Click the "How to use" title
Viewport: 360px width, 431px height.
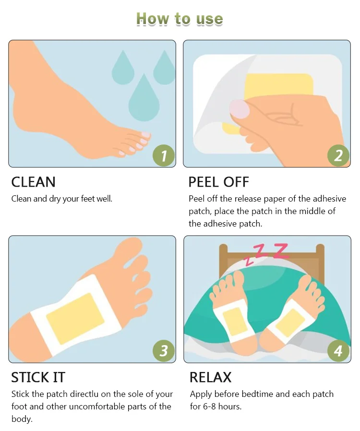click(x=180, y=19)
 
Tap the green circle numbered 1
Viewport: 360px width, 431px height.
click(x=164, y=156)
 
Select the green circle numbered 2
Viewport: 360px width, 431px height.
click(x=338, y=156)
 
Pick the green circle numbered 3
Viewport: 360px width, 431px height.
click(x=164, y=351)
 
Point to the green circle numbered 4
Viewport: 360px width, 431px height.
click(x=338, y=351)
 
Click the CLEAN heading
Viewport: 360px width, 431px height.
click(x=33, y=182)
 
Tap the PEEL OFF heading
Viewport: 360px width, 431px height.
click(x=219, y=182)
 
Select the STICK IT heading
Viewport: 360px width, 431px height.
click(x=38, y=377)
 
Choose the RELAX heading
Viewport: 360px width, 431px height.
click(x=211, y=377)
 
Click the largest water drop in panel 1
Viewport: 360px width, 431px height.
click(x=144, y=100)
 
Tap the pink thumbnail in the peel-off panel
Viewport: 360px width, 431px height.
click(x=240, y=109)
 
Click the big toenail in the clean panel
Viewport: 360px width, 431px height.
click(x=145, y=135)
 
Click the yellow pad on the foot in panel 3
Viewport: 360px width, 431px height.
click(x=75, y=318)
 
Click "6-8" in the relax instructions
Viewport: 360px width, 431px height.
click(x=209, y=406)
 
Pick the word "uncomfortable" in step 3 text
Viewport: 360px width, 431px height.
click(x=95, y=406)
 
